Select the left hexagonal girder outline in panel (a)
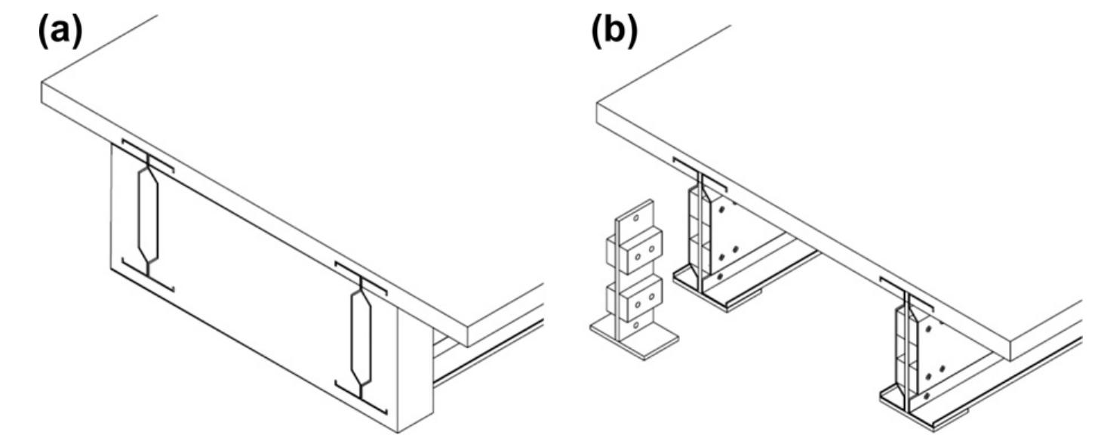(148, 215)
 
